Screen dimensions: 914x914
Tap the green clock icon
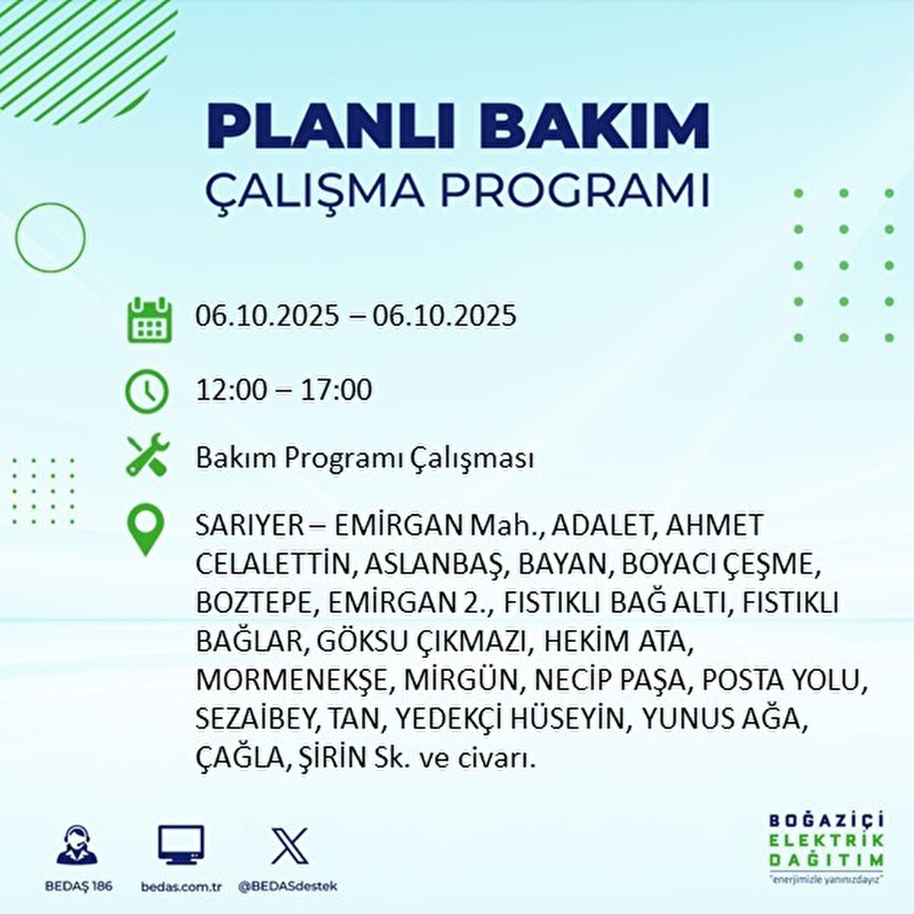click(146, 391)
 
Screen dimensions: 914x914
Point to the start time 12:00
click(232, 390)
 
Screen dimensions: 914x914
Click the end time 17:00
click(337, 390)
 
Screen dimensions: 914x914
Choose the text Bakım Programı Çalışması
click(365, 459)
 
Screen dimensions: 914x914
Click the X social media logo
click(289, 845)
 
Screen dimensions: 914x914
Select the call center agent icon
click(78, 846)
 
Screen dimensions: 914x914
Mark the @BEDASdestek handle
click(287, 887)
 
